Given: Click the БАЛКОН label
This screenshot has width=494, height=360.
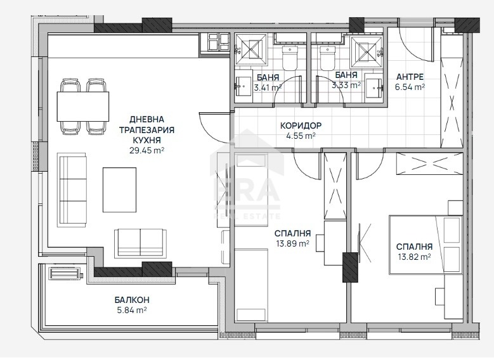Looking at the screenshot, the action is pyautogui.click(x=132, y=300).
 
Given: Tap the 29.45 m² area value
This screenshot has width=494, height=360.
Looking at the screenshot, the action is pyautogui.click(x=147, y=150).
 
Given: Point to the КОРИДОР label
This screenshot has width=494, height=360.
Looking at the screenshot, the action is pyautogui.click(x=301, y=125).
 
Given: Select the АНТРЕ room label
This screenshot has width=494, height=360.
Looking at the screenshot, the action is pyautogui.click(x=410, y=77).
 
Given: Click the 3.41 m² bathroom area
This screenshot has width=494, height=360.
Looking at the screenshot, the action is pyautogui.click(x=268, y=87).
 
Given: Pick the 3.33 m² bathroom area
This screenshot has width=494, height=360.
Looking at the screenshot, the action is pyautogui.click(x=346, y=85).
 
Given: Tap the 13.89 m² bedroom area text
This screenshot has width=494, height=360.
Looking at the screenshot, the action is pyautogui.click(x=292, y=243).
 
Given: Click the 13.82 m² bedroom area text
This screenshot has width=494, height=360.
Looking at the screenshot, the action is pyautogui.click(x=414, y=257).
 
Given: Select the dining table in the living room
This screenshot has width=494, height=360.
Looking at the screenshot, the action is pyautogui.click(x=83, y=106).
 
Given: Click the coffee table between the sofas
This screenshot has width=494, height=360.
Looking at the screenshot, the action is pyautogui.click(x=119, y=190).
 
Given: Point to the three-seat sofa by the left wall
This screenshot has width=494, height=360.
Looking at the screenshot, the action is pyautogui.click(x=72, y=190).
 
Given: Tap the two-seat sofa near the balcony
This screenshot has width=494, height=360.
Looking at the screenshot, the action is pyautogui.click(x=141, y=243).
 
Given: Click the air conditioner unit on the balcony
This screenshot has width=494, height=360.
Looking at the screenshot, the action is pyautogui.click(x=65, y=273).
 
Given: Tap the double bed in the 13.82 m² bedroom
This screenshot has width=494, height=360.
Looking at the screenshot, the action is pyautogui.click(x=426, y=244).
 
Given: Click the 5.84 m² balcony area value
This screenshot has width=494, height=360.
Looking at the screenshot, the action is pyautogui.click(x=132, y=310).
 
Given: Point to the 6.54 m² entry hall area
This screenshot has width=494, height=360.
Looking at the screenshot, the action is pyautogui.click(x=410, y=87).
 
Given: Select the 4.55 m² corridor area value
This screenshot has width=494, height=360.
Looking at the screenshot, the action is pyautogui.click(x=301, y=136).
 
